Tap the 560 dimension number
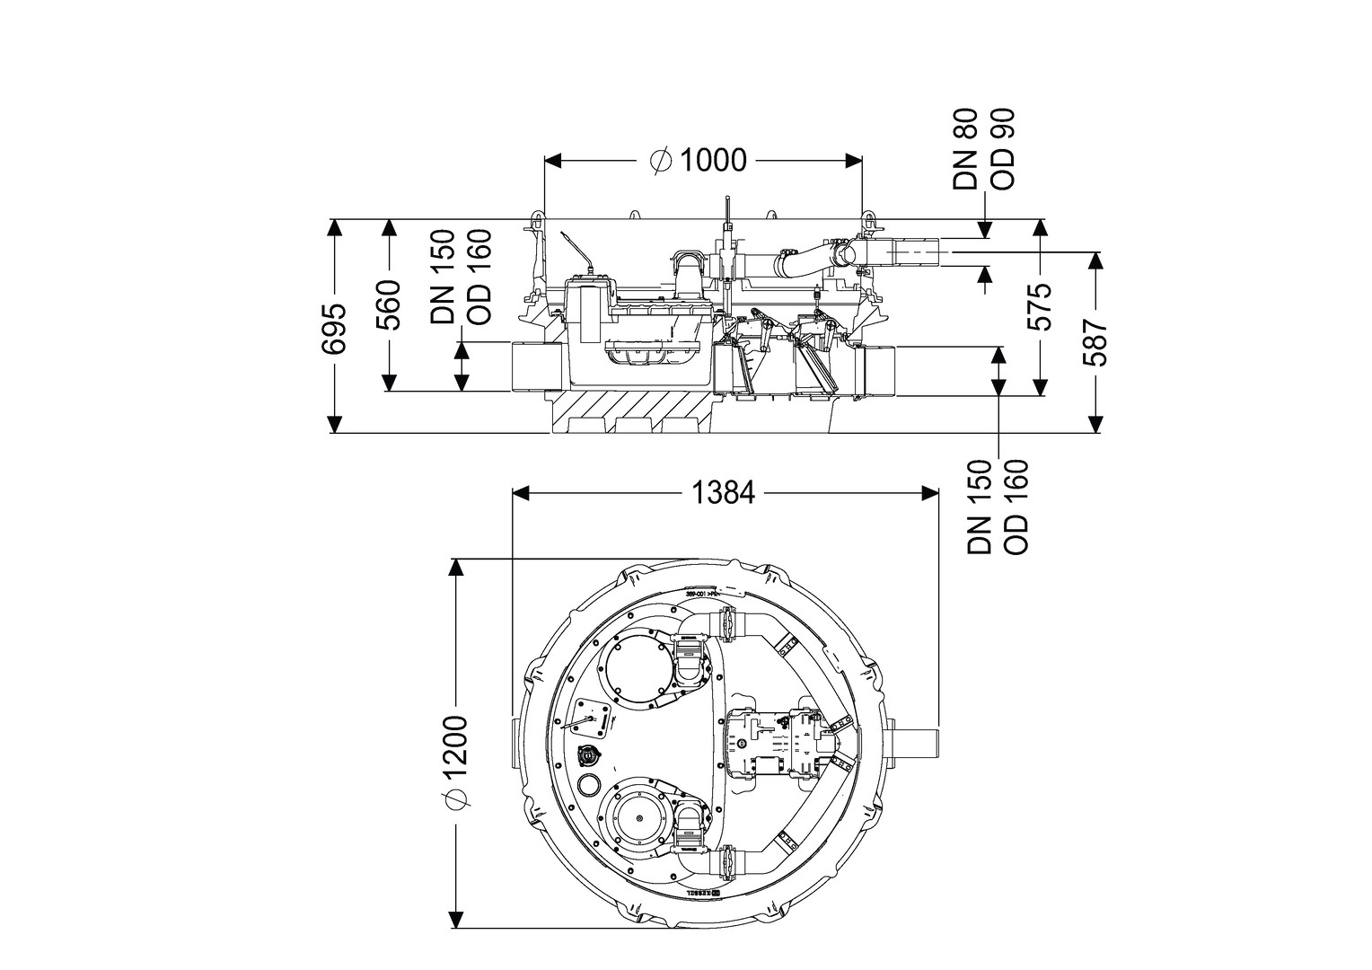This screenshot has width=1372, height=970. tap(388, 305)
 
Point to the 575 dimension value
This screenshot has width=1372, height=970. tap(1041, 306)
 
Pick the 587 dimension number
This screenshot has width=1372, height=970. tap(1095, 342)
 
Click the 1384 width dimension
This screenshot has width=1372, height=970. tap(724, 493)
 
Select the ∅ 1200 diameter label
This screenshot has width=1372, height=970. tap(457, 763)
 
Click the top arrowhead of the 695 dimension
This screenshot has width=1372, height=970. tap(334, 226)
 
